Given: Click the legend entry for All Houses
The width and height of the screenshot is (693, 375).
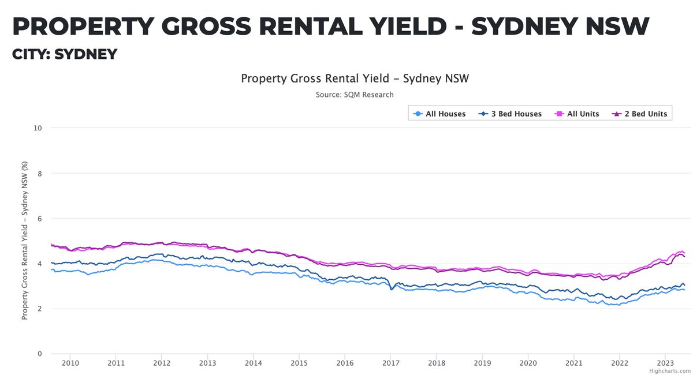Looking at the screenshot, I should pos(440,114).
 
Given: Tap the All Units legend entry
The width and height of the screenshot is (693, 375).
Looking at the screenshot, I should pos(578,114).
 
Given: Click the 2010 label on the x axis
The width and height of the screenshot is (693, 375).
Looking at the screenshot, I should pos(70,363).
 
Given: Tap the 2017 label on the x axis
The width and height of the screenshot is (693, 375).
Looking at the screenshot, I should pos(390,363).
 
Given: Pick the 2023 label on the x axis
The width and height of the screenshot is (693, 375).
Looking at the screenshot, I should pos(665,363).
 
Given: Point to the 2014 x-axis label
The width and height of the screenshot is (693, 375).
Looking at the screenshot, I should pos(253,363).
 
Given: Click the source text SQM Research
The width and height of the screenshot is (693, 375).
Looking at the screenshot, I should pos(355,94).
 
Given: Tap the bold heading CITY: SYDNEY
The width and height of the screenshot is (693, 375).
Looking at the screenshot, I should pos(65,54).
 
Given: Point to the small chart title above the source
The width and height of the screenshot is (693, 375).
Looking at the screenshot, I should pos(355,78).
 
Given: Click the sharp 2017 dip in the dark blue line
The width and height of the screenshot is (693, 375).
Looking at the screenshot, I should pos(391,288).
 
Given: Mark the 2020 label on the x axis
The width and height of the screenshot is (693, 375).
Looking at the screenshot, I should pos(528,363).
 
